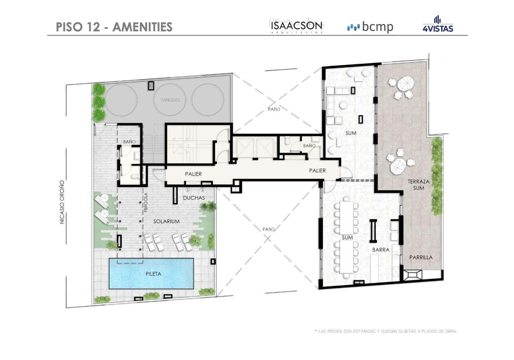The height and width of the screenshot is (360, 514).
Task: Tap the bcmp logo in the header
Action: (370, 27)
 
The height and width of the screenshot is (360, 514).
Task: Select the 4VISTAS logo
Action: (438, 24)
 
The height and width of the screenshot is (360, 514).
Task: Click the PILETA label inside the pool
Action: (153, 274)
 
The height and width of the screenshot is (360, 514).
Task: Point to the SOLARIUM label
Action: (166, 221)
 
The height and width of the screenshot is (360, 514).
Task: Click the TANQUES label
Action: (170, 100)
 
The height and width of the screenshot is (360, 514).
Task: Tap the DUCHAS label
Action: (194, 198)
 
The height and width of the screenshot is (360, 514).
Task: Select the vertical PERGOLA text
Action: (146, 202)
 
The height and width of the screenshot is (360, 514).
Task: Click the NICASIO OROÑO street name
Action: (62, 202)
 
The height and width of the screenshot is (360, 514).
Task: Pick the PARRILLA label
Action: (421, 258)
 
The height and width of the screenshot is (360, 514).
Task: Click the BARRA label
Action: (381, 250)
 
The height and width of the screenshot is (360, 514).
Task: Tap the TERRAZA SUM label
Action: (419, 185)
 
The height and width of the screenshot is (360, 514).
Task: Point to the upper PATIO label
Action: (274, 109)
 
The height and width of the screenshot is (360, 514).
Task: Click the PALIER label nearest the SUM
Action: (317, 171)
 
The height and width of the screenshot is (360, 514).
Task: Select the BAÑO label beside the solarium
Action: (129, 142)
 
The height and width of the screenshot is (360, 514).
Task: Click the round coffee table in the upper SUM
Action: (343, 105)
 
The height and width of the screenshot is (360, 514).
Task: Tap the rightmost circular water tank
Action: (208, 100)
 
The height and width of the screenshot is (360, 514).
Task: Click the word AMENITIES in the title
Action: (142, 27)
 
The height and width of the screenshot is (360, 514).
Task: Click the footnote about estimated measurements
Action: (386, 331)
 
